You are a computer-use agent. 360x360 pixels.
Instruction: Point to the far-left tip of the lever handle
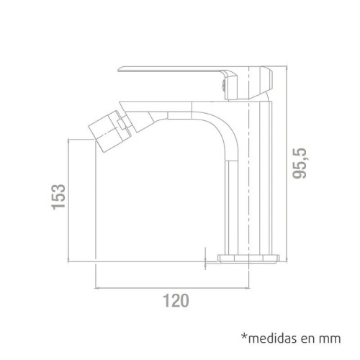point(120,69)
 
